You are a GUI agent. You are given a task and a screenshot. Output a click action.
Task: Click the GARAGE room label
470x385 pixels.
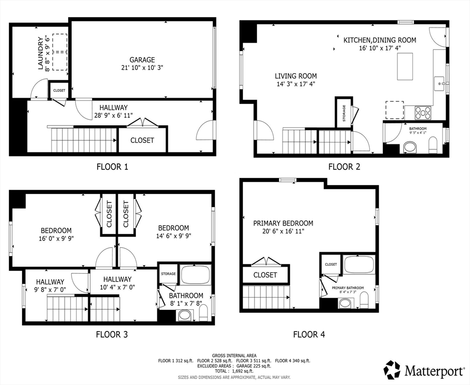click(142, 60)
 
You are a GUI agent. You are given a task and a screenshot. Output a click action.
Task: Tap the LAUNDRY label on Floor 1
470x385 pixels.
click(41, 53)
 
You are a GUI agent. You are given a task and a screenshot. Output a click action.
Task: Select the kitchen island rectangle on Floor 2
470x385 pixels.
click(405, 66)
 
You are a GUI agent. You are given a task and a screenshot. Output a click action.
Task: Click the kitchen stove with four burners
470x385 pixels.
click(423, 113)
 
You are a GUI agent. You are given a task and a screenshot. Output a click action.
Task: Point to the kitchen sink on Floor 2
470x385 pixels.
click(440, 83)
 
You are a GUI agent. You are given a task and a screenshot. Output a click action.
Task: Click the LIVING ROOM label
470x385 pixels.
click(296, 76)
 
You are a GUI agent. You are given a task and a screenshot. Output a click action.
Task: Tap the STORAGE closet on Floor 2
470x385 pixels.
click(344, 113)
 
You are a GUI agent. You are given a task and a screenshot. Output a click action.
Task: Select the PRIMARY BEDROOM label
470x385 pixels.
click(283, 223)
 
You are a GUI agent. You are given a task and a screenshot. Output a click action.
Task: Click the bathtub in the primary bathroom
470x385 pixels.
click(359, 264)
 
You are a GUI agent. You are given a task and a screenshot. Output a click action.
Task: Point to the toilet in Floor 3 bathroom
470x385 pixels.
click(204, 313)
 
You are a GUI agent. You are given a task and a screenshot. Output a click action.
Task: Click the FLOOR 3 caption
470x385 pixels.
click(112, 334)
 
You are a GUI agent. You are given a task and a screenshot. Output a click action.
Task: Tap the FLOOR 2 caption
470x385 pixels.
click(344, 167)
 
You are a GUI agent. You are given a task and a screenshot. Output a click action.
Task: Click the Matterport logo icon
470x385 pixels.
click(392, 369)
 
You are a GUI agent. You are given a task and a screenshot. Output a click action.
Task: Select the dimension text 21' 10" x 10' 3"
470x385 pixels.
click(142, 68)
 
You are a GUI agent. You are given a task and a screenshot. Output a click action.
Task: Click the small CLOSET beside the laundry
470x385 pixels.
click(59, 90)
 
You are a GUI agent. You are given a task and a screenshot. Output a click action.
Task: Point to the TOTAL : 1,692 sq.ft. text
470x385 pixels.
click(234, 371)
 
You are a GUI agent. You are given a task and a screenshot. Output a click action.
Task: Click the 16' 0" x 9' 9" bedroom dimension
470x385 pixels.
click(56, 239)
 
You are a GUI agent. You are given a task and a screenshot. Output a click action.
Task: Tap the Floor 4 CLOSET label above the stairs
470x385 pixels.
click(265, 275)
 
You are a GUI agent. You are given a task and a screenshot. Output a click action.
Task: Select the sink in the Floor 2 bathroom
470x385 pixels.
click(410, 148)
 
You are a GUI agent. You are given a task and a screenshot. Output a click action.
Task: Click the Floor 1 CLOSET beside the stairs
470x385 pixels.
click(142, 140)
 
